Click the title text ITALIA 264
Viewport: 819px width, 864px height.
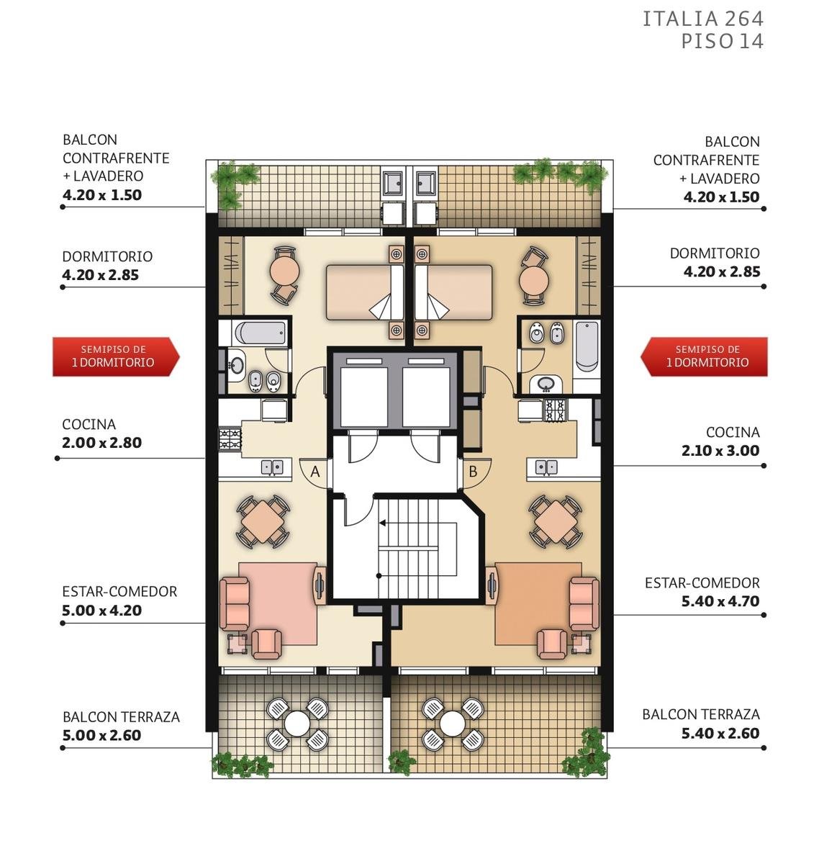coord(702,19)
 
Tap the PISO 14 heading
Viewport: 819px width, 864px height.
coord(722,42)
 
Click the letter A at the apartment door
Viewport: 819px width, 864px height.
coord(315,472)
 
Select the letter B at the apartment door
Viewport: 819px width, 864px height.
coord(473,471)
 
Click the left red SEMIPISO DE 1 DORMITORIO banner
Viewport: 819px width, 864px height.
coord(116,356)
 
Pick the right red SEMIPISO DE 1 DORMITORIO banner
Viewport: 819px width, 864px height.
coord(704,356)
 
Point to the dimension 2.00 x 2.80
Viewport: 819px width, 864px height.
coord(102,443)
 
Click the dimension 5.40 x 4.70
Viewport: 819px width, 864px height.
coord(720,600)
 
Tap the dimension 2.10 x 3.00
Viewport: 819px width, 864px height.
coord(720,451)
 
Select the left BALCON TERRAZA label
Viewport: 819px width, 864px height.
coord(122,717)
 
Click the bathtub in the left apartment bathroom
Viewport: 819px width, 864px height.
coord(260,333)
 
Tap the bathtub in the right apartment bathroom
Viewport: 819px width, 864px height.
coord(587,347)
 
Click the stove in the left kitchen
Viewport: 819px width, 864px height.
coord(230,439)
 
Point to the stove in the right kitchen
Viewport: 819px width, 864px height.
coord(556,410)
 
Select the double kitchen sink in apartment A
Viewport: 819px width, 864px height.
coord(273,467)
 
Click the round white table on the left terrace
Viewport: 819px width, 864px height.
coord(297,723)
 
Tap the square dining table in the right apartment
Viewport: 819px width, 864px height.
coord(556,522)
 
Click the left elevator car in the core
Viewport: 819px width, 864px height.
coord(363,397)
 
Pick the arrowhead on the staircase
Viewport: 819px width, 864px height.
coord(382,523)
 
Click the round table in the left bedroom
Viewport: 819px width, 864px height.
coord(284,271)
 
